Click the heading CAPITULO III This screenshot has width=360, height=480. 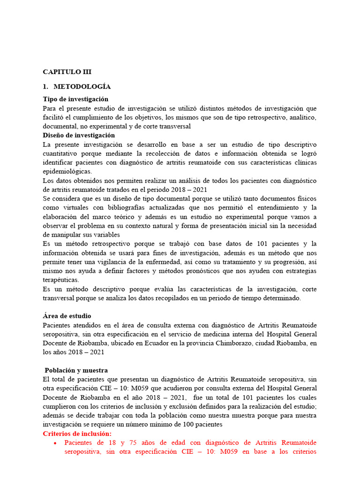click(67, 72)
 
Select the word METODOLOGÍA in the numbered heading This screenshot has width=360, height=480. click(82, 87)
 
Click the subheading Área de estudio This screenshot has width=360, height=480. click(67, 316)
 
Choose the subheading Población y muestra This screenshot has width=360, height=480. click(76, 370)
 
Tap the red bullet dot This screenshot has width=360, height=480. click(55, 443)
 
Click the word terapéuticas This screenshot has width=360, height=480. click(60, 280)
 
